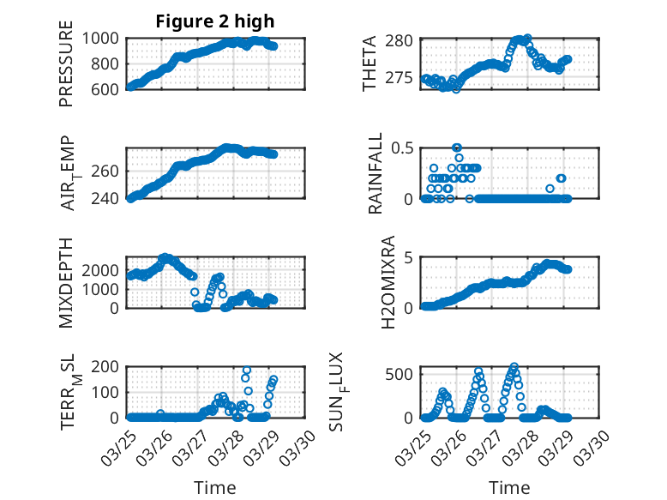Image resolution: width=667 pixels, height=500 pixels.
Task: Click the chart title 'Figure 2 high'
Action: [x=215, y=21]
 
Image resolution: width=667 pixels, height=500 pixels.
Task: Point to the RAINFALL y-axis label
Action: [x=375, y=172]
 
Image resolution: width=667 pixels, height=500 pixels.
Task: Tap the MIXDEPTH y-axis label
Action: [x=67, y=282]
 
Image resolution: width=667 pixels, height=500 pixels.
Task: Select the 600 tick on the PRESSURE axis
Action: [x=110, y=88]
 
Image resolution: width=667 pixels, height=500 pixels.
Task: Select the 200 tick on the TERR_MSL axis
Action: [x=110, y=368]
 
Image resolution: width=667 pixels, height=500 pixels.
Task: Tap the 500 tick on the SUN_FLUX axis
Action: [x=406, y=374]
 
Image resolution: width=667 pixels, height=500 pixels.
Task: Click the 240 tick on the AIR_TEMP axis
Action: [x=110, y=198]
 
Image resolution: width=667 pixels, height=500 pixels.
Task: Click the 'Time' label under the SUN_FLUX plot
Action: [x=509, y=487]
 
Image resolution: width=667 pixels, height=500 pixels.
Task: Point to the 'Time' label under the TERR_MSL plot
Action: [x=215, y=487]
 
